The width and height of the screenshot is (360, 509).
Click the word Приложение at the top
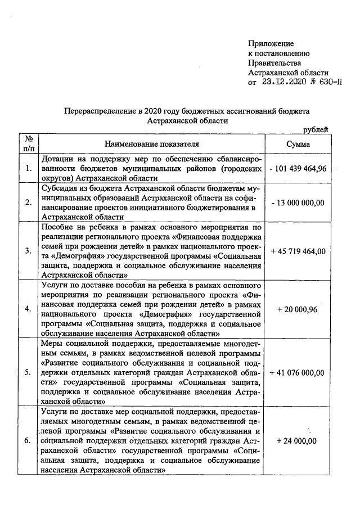pyautogui.click(x=271, y=43)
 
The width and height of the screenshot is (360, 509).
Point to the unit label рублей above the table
pyautogui.click(x=316, y=130)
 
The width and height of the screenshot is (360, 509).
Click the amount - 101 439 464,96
pyautogui.click(x=298, y=168)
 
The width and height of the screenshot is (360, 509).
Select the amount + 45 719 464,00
pyautogui.click(x=298, y=251)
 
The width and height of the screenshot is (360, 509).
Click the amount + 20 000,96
pyautogui.click(x=298, y=309)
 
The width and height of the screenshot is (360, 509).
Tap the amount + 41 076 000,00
pyautogui.click(x=298, y=372)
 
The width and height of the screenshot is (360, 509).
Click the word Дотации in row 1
pyautogui.click(x=58, y=159)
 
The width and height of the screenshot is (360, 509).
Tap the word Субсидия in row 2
pyautogui.click(x=60, y=188)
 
